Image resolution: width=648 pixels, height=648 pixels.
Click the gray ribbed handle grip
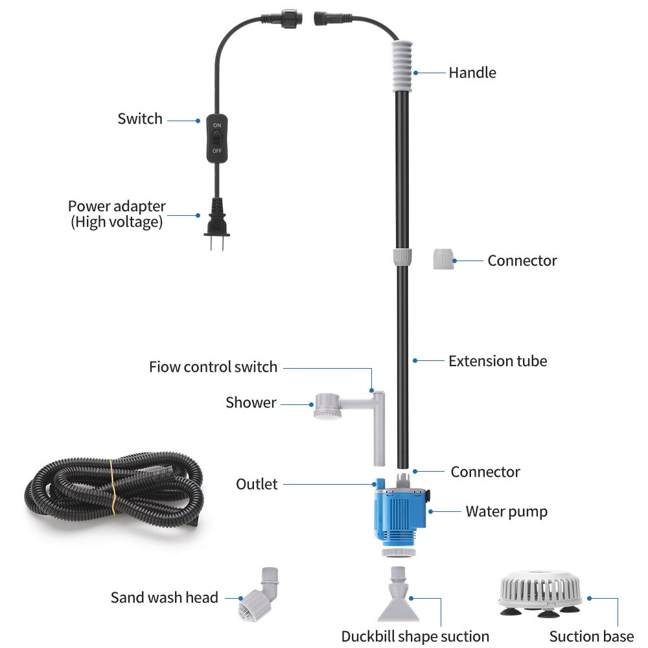point(402,67)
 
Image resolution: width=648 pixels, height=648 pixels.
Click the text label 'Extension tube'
point(498,361)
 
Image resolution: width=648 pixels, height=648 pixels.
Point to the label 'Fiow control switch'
point(213,367)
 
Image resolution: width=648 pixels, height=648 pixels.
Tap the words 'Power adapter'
point(117,207)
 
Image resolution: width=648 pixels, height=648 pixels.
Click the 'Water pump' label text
point(506,511)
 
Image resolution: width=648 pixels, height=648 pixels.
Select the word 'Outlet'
point(257,484)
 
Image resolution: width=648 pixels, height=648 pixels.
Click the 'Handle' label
point(472,73)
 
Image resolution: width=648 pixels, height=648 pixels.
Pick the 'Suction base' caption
point(591,636)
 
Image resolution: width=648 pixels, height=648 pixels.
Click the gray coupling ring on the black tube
point(402,256)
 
